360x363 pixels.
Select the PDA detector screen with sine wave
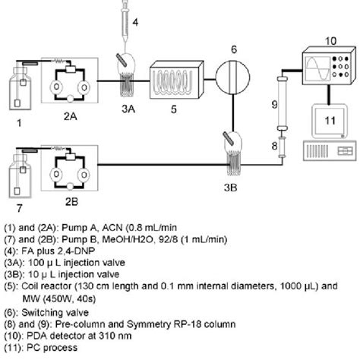click(x=318, y=74)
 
